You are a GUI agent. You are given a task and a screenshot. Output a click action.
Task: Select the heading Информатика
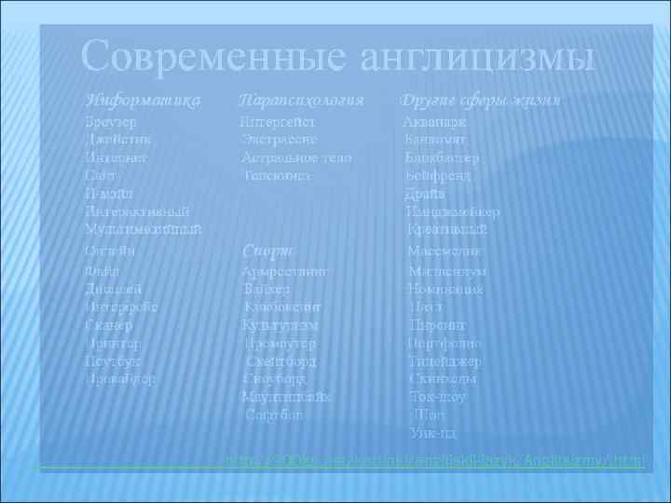(142, 100)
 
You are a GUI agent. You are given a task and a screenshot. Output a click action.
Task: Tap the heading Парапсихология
(300, 100)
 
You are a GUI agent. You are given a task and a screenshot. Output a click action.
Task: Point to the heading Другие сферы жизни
(479, 100)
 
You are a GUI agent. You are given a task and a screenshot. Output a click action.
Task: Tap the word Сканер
(108, 326)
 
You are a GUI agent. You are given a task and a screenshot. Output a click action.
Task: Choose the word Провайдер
(122, 379)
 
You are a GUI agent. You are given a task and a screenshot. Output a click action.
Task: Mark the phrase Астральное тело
(296, 157)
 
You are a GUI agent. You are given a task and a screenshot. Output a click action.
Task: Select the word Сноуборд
(274, 379)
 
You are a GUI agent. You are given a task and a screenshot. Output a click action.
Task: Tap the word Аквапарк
(435, 122)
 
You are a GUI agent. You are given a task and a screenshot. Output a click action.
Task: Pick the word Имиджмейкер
(453, 211)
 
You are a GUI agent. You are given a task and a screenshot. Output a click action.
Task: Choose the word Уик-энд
(432, 432)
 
